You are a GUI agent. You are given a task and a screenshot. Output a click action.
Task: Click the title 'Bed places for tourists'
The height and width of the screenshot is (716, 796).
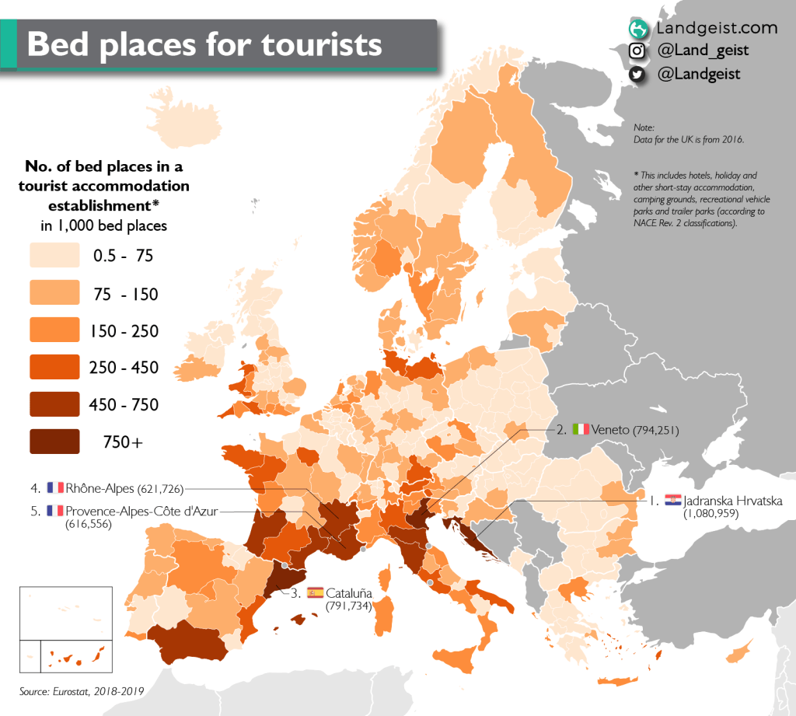click(x=204, y=44)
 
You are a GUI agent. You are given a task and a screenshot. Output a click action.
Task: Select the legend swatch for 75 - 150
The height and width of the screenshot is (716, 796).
click(x=54, y=294)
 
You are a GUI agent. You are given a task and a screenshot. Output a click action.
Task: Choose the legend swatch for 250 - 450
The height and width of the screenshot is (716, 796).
click(x=54, y=367)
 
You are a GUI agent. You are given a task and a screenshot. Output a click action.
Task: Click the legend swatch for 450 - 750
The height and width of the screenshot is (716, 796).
click(x=54, y=404)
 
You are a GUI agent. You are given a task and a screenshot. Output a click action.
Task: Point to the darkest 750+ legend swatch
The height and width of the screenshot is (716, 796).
click(x=54, y=442)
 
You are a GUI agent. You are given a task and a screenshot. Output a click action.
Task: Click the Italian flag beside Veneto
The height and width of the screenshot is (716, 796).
click(x=580, y=429)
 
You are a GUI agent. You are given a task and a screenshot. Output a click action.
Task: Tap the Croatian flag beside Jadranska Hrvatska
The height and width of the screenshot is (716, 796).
click(x=673, y=500)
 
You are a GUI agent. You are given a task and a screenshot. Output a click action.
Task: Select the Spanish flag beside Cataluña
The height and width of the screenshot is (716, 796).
click(x=316, y=592)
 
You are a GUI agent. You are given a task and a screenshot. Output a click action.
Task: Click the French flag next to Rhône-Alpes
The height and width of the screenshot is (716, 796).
click(x=54, y=488)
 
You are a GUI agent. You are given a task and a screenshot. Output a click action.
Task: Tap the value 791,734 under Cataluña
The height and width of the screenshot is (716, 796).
click(x=347, y=606)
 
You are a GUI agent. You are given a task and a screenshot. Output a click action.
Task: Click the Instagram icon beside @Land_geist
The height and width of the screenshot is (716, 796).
click(x=637, y=51)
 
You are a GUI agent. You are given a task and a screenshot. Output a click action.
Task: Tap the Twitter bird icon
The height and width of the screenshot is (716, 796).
click(x=637, y=75)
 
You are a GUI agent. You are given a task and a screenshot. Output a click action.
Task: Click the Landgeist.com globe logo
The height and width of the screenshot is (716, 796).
click(x=637, y=29)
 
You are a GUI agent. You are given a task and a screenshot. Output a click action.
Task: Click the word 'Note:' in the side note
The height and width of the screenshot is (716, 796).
click(x=644, y=127)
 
